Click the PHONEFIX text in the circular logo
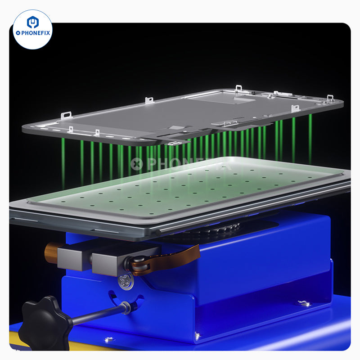(x=36, y=33)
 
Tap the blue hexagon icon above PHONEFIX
(x=32, y=22)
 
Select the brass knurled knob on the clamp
(x=51, y=252)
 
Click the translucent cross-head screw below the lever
(x=126, y=281)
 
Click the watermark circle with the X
(x=137, y=164)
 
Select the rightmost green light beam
(x=310, y=139)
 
